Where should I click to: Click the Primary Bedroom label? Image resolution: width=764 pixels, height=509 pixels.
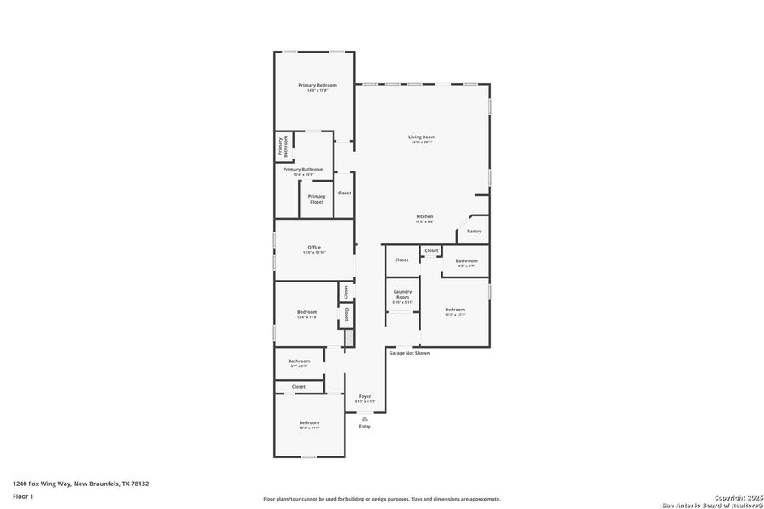(x=317, y=85)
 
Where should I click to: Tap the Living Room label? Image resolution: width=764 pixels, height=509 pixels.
(x=422, y=137)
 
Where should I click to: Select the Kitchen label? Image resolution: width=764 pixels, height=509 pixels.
(x=424, y=217)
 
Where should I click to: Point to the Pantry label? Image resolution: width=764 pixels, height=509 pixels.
(x=474, y=231)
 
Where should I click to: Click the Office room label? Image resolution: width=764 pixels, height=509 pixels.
(x=314, y=248)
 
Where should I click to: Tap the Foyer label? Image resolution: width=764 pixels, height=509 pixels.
(x=365, y=397)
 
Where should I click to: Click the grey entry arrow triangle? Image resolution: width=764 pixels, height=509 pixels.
(x=364, y=418)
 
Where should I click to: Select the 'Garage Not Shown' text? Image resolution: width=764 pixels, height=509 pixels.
(x=409, y=353)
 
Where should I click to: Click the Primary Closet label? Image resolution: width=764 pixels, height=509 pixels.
(x=316, y=199)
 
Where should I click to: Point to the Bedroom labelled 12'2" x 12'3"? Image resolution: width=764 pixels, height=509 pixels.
(x=455, y=310)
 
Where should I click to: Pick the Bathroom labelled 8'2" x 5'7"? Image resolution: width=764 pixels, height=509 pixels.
(x=466, y=261)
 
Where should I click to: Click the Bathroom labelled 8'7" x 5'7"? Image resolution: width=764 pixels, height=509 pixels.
(x=299, y=361)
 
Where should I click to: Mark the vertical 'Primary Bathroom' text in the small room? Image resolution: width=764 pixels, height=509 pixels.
(x=283, y=146)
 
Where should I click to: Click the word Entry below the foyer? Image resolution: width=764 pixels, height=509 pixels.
(x=364, y=426)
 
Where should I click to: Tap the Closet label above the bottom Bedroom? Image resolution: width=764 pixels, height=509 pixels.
(x=298, y=386)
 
